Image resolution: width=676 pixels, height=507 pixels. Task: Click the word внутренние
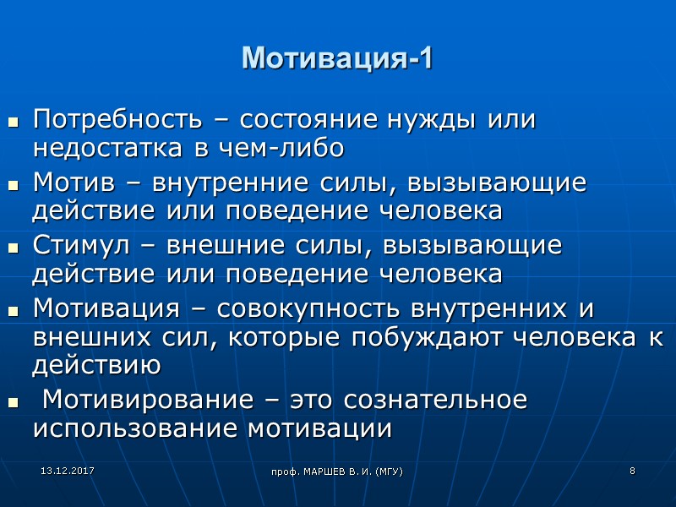(x=217, y=183)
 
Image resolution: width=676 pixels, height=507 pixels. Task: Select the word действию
(x=96, y=366)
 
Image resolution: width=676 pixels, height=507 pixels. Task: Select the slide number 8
(x=632, y=470)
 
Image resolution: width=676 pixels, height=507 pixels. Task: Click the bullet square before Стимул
(x=14, y=249)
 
